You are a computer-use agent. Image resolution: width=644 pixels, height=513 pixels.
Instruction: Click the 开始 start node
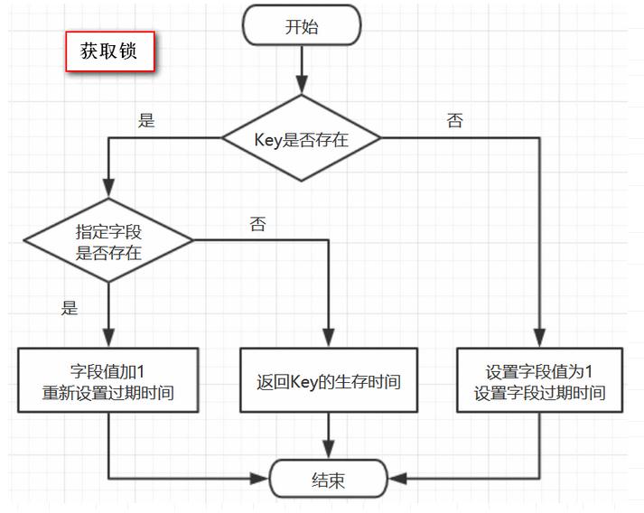(302, 26)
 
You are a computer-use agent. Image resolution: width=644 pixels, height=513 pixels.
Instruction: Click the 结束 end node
(329, 479)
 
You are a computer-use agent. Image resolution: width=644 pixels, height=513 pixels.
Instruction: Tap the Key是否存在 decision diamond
(302, 139)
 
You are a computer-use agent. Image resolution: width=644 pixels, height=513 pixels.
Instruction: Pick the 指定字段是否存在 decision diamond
(108, 240)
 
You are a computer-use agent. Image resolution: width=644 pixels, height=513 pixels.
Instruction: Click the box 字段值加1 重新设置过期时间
(108, 382)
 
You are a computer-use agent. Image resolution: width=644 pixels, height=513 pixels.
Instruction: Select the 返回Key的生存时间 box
(329, 382)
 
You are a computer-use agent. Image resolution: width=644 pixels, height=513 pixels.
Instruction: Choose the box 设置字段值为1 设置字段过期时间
(540, 382)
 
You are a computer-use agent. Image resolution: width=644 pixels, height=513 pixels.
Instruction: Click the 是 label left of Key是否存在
(146, 121)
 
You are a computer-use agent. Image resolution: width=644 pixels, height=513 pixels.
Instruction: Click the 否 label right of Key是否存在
(455, 121)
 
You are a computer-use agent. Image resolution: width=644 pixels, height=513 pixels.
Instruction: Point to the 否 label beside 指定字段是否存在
(257, 225)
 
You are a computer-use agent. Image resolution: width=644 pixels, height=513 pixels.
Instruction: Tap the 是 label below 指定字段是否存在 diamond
(70, 308)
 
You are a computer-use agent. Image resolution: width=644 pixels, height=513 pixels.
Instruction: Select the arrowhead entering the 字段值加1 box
(108, 340)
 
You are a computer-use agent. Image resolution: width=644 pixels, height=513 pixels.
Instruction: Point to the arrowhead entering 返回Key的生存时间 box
(329, 340)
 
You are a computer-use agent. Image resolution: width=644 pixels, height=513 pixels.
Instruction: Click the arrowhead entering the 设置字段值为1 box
(540, 340)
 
